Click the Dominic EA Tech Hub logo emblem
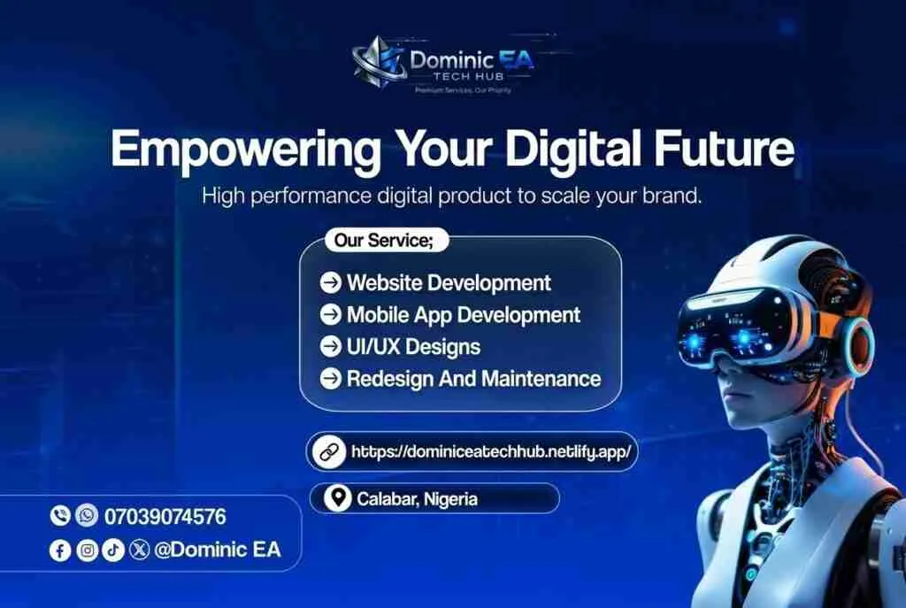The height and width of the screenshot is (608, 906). click(378, 64)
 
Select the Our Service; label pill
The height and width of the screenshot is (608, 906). click(386, 240)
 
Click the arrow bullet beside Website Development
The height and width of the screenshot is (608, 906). click(330, 283)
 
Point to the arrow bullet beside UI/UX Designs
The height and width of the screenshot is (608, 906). click(330, 347)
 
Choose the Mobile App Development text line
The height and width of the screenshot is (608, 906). click(463, 315)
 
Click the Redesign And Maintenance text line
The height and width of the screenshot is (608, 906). click(473, 379)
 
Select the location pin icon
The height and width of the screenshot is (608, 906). click(336, 499)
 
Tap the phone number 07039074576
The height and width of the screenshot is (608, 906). click(165, 516)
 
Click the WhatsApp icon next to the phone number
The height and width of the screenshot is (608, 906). click(87, 515)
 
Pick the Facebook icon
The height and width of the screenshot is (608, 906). click(60, 550)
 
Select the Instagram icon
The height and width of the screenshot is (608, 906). click(87, 550)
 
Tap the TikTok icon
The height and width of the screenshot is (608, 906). click(113, 550)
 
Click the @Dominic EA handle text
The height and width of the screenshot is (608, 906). click(217, 550)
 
